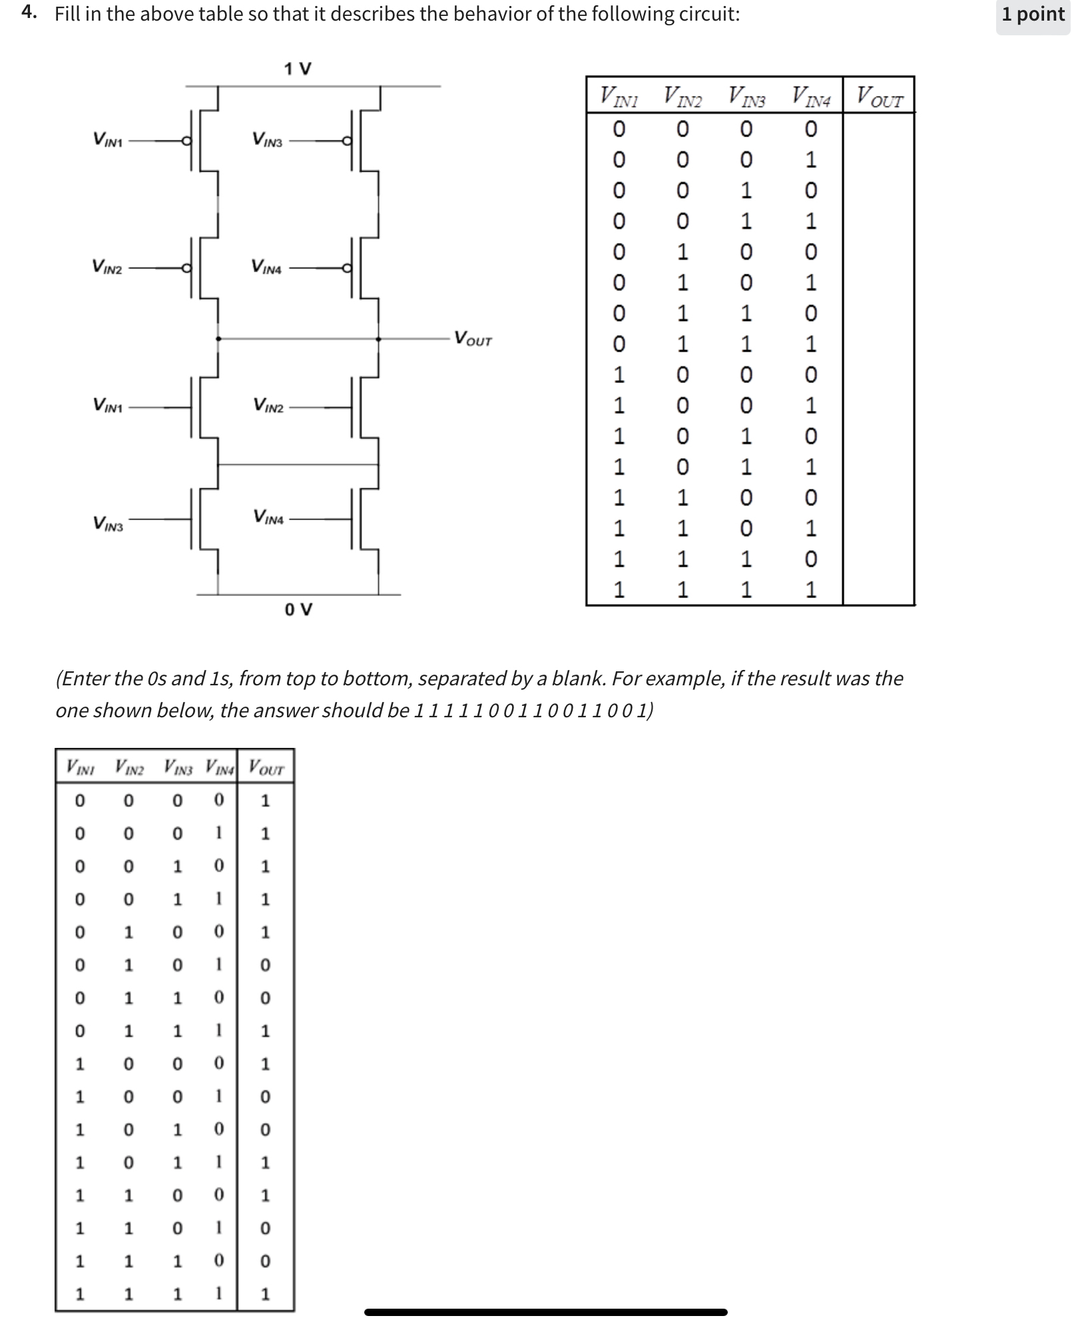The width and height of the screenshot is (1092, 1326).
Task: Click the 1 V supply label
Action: [x=297, y=69]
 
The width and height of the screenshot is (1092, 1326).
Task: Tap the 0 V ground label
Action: [x=298, y=609]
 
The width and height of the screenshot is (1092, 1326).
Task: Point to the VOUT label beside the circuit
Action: [x=473, y=339]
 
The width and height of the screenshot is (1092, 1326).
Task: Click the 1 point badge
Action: [x=1033, y=15]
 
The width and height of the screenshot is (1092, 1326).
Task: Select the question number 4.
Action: [x=28, y=13]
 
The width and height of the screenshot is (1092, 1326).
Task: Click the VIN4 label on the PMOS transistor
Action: [x=266, y=268]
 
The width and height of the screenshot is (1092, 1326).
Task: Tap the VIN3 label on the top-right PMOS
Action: [x=267, y=140]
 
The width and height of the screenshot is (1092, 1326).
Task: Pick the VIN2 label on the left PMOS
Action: [x=107, y=268]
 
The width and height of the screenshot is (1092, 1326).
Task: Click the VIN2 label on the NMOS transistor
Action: [x=268, y=406]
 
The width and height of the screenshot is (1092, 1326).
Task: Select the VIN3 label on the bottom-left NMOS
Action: [x=108, y=525]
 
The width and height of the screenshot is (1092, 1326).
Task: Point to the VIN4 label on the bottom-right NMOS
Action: [x=268, y=517]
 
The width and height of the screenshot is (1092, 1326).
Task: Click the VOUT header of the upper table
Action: [x=879, y=97]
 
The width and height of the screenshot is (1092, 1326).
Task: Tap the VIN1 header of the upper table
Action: [x=619, y=97]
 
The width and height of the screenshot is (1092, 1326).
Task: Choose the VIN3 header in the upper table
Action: [x=746, y=97]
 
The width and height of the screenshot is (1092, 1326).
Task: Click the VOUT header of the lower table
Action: [x=266, y=767]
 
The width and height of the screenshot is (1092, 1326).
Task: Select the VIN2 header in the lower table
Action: [x=129, y=767]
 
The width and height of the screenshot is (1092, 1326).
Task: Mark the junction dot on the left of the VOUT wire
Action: [x=218, y=339]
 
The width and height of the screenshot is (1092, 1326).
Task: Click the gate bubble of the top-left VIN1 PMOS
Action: [x=187, y=141]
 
